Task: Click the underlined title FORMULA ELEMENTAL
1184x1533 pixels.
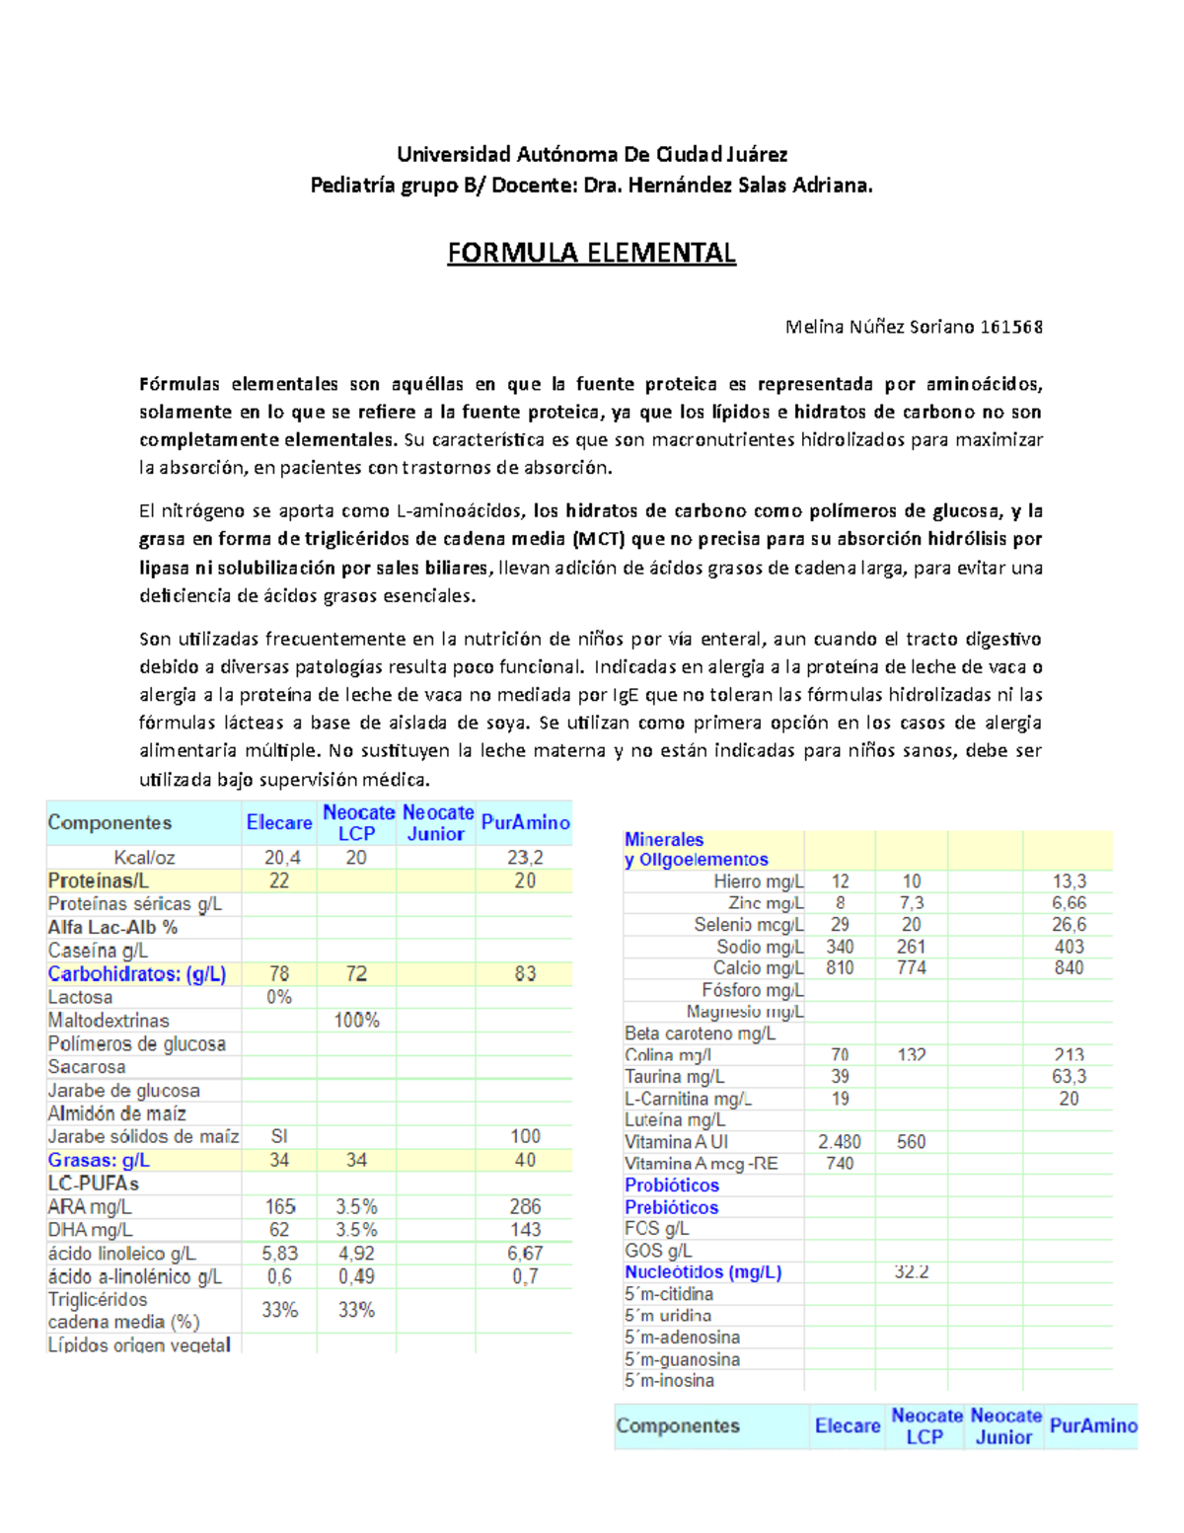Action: pyautogui.click(x=591, y=254)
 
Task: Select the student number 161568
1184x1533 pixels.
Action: pyautogui.click(x=1011, y=327)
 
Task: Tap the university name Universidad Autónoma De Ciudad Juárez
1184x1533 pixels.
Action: pyautogui.click(x=591, y=154)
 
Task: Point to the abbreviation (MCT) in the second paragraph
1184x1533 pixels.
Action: pyautogui.click(x=598, y=539)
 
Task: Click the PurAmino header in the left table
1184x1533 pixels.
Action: pyautogui.click(x=525, y=822)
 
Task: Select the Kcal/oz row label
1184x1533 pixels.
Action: pyautogui.click(x=144, y=858)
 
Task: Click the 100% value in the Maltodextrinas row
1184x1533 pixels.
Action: pyautogui.click(x=356, y=1021)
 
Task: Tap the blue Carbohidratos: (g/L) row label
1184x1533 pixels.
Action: pyautogui.click(x=137, y=974)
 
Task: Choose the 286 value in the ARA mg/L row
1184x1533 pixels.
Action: pyautogui.click(x=525, y=1206)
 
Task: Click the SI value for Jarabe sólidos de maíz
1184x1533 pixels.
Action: pyautogui.click(x=279, y=1137)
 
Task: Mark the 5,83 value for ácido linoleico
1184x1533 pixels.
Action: pyautogui.click(x=279, y=1254)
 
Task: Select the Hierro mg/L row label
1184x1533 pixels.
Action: pyautogui.click(x=758, y=881)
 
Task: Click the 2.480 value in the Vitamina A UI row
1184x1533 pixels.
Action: pyautogui.click(x=840, y=1142)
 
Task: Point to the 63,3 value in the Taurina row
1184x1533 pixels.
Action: pyautogui.click(x=1069, y=1077)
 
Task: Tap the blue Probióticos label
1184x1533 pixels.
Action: pyautogui.click(x=672, y=1186)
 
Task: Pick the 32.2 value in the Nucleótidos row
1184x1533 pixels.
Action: pyautogui.click(x=912, y=1272)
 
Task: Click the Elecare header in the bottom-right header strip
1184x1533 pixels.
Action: pyautogui.click(x=848, y=1426)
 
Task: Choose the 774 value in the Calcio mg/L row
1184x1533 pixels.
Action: pyautogui.click(x=912, y=968)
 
